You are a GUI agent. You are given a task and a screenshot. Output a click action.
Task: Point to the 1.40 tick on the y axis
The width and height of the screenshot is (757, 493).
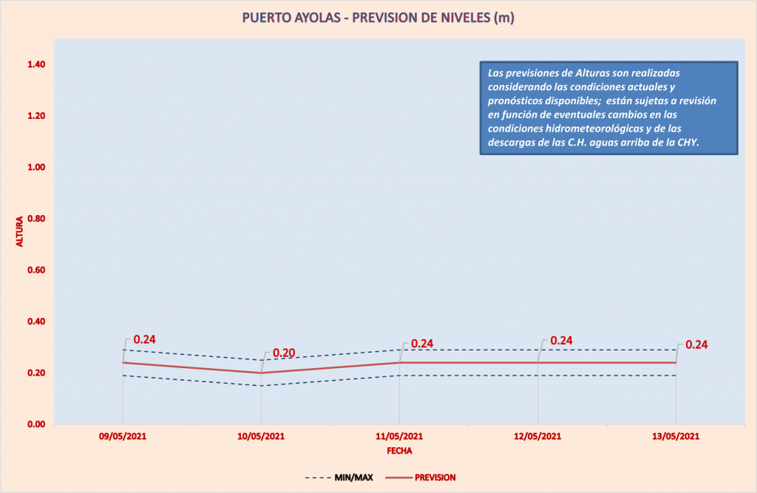(37, 65)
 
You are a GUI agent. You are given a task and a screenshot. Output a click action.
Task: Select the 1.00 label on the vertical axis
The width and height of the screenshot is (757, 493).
(37, 168)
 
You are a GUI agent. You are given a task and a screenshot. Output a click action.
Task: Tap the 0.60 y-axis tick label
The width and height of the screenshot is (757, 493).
(37, 271)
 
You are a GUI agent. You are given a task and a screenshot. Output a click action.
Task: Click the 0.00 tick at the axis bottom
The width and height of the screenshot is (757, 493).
(37, 424)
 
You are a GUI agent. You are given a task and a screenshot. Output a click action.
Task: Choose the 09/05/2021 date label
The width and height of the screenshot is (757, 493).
(122, 437)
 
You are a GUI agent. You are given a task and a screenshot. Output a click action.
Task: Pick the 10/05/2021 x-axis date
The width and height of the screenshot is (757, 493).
(261, 437)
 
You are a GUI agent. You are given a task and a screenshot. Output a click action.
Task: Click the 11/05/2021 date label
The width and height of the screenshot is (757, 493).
(399, 437)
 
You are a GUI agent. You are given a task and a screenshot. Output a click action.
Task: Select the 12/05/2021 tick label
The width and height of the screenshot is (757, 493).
(537, 437)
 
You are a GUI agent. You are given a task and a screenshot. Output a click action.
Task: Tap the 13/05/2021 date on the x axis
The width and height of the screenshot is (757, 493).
(676, 437)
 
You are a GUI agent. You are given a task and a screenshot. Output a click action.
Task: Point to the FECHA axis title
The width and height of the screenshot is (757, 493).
(399, 449)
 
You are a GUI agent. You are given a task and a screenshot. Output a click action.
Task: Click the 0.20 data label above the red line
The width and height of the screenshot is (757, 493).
(285, 353)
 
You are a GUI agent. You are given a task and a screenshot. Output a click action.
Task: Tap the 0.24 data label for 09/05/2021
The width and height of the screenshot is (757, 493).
(144, 340)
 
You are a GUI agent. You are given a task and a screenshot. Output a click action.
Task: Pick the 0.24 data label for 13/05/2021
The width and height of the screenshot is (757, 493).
(697, 344)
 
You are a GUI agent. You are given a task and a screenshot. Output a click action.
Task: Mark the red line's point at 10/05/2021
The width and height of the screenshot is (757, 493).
(261, 373)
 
